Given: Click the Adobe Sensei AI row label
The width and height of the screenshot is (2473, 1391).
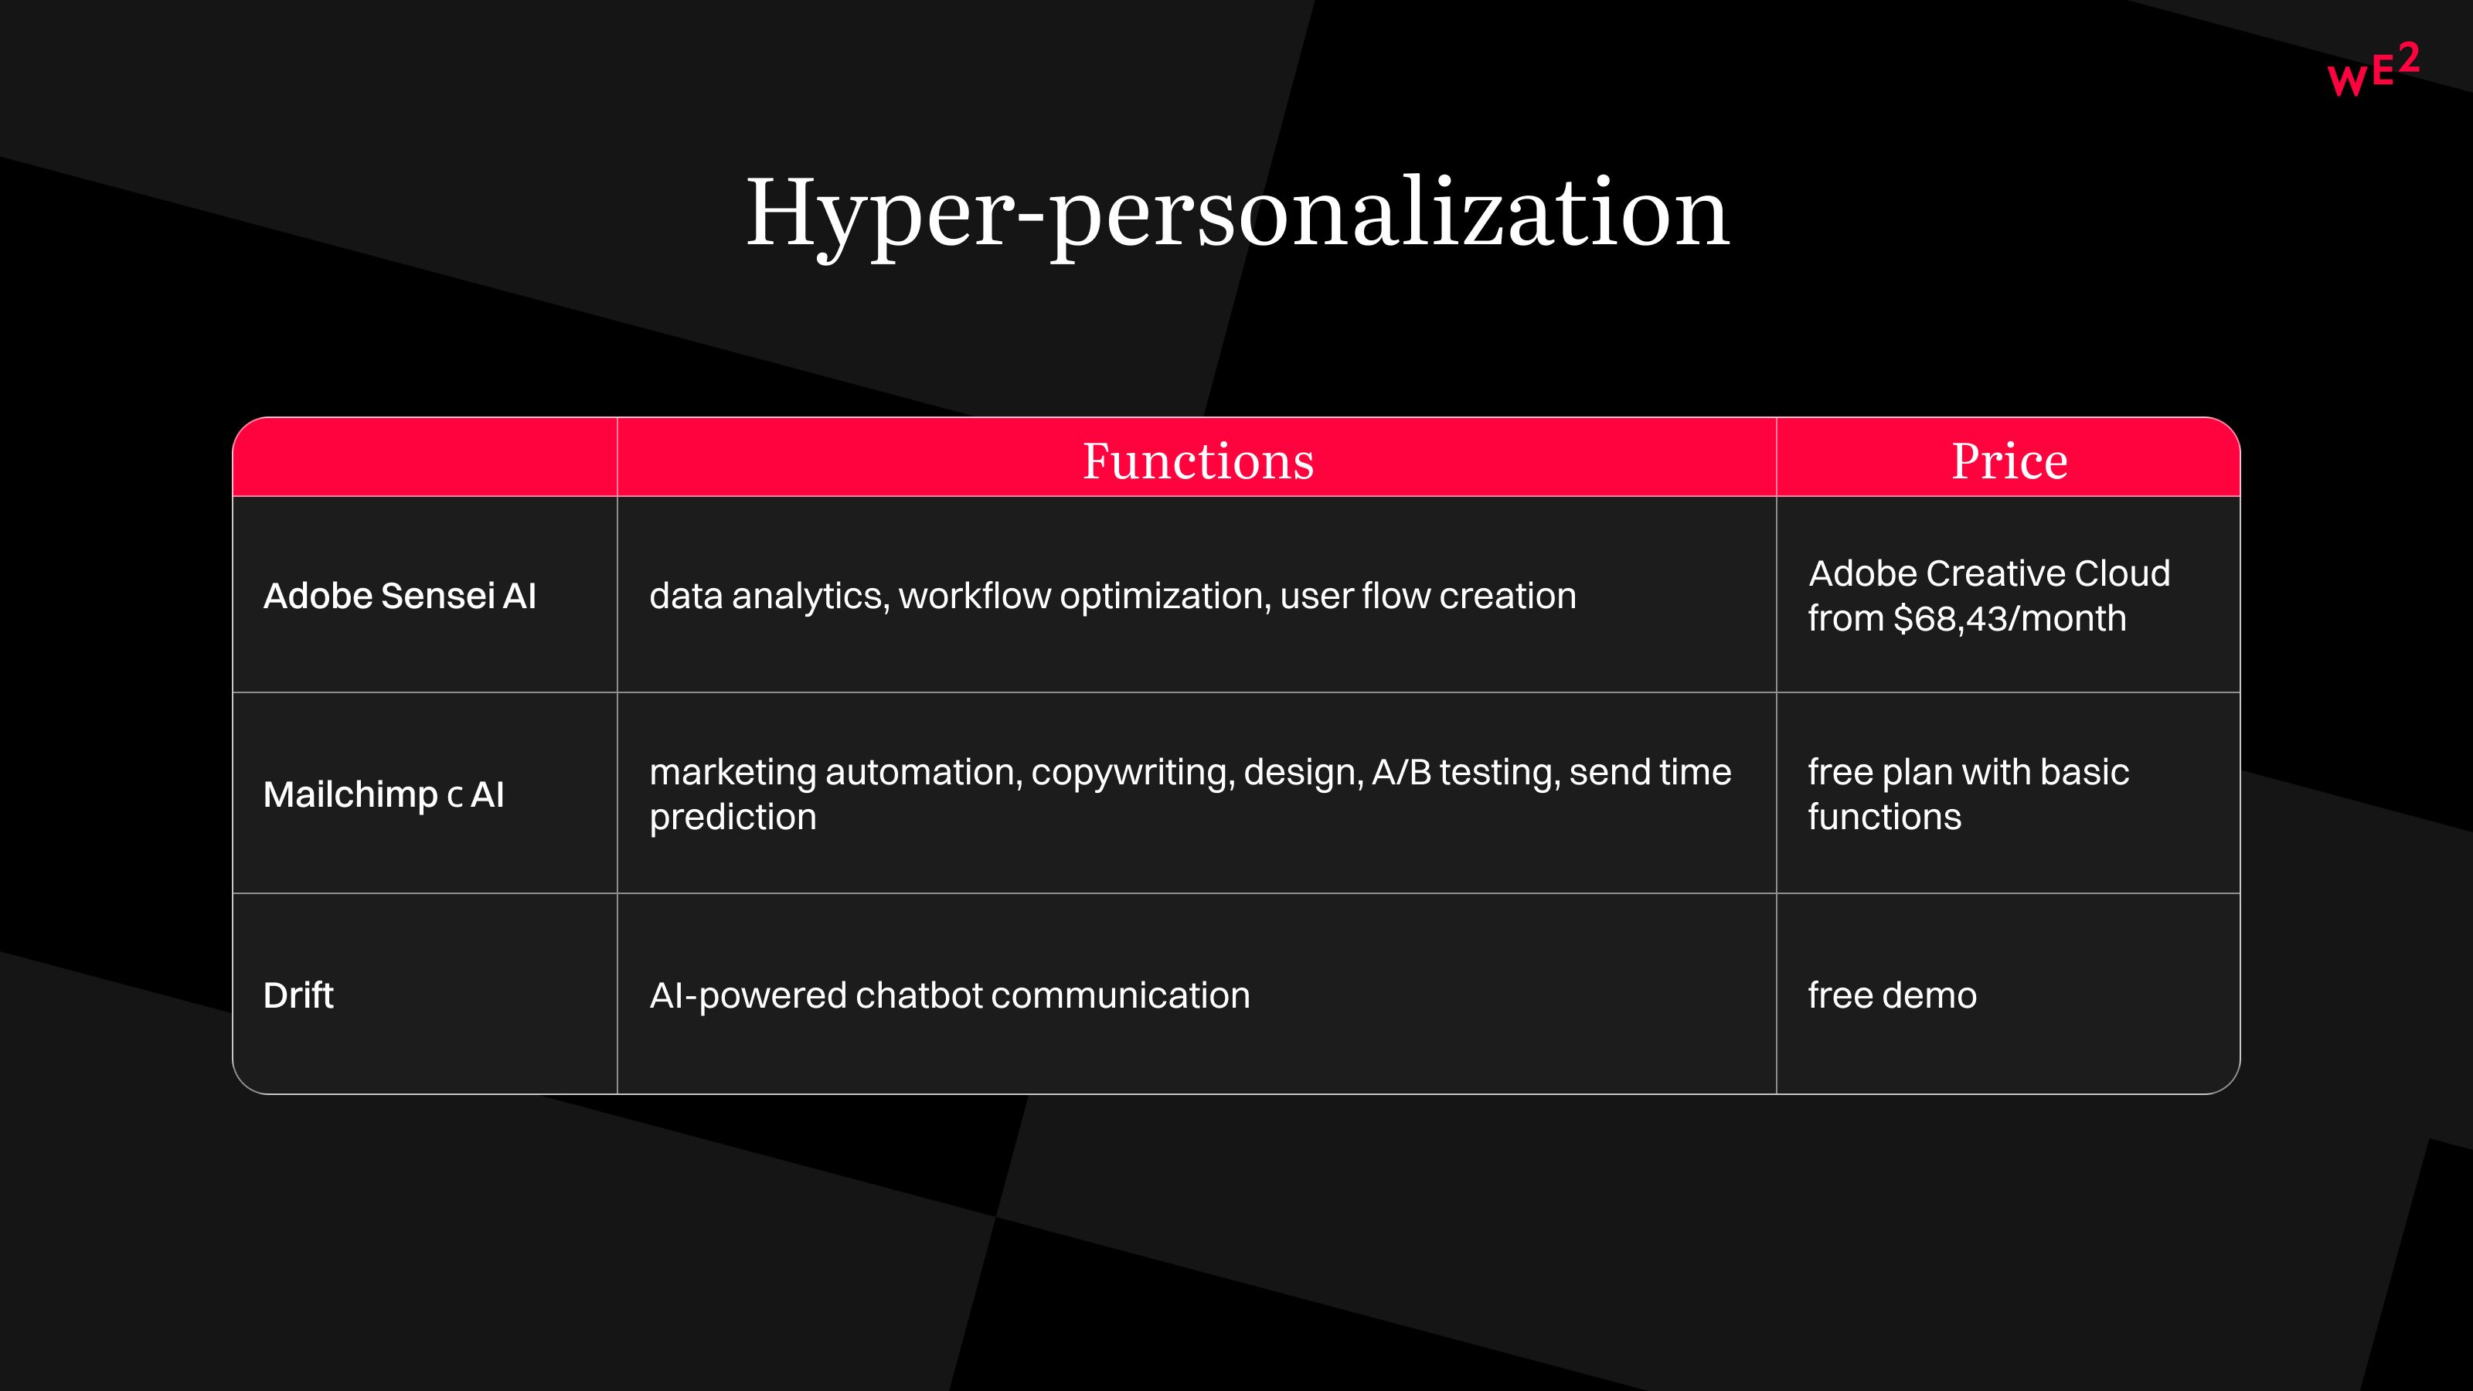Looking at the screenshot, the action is click(400, 596).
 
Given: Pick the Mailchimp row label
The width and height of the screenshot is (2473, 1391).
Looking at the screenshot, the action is click(383, 795).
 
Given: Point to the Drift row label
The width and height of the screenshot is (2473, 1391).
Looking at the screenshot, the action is click(298, 995).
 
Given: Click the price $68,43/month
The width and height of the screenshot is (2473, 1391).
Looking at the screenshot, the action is click(2009, 619).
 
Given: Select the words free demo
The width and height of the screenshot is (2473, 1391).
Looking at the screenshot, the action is click(1892, 995).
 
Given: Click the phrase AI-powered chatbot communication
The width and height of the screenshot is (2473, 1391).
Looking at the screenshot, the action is click(950, 995).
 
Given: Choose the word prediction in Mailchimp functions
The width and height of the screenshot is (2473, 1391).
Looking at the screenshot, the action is click(733, 818).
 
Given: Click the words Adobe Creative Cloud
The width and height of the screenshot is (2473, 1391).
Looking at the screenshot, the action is click(1989, 574).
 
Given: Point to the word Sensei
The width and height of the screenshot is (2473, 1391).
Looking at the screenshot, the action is click(437, 596).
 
